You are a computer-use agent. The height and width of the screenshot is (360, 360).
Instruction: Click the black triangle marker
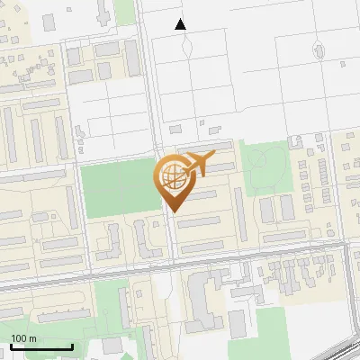coord(181,24)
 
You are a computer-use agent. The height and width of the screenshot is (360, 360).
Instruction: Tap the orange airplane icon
coord(199,164)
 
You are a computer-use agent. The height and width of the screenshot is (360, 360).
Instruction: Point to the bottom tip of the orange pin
coord(174,212)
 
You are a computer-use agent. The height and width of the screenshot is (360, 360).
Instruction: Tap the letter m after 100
coord(33,338)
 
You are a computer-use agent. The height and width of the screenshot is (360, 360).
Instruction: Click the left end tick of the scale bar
coord(10,346)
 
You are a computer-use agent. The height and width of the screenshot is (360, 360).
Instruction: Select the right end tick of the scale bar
coord(72,346)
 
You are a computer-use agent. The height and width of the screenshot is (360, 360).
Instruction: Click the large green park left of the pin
coord(117,189)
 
